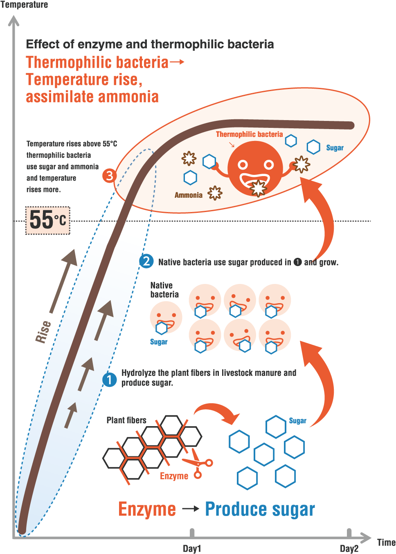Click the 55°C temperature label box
click(x=48, y=220)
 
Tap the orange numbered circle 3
click(x=109, y=176)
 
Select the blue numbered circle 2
click(x=146, y=261)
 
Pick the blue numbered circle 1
click(x=109, y=380)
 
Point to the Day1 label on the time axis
click(x=192, y=548)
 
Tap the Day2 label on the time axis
click(x=349, y=548)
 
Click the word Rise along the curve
click(x=43, y=331)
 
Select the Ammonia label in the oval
click(x=189, y=195)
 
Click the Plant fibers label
click(x=126, y=420)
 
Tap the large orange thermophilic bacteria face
click(x=255, y=168)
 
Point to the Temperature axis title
click(x=24, y=5)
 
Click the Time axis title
click(x=386, y=543)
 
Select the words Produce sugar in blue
click(x=260, y=509)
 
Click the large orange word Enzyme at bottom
click(x=147, y=509)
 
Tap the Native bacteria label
click(x=164, y=290)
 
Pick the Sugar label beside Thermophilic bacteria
click(x=335, y=148)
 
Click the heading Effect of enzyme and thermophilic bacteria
click(x=150, y=44)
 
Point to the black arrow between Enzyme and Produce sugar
click(x=191, y=509)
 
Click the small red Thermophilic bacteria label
click(x=249, y=134)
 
